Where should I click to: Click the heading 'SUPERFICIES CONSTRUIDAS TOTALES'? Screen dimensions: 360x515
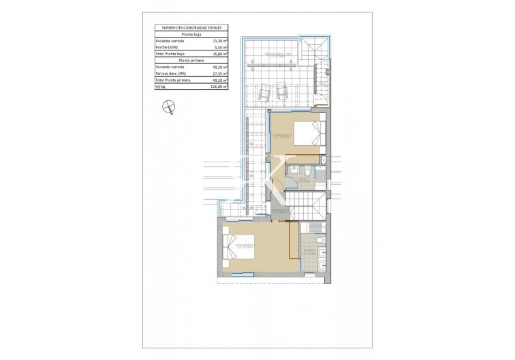pos(190,27)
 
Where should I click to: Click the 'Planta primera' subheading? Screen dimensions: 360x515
pos(190,60)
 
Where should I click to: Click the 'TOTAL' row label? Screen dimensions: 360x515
pos(161,87)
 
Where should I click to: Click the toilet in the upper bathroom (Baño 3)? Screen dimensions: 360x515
pos(309,175)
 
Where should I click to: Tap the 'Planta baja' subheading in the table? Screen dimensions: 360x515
pos(190,34)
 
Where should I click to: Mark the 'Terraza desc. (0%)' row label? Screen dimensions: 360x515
pos(170,74)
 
